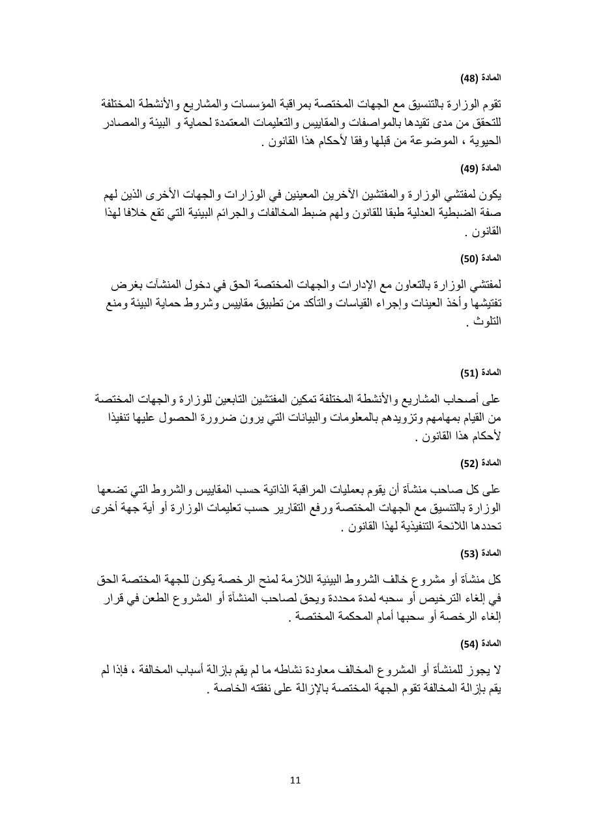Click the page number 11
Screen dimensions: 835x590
[x=295, y=780]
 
